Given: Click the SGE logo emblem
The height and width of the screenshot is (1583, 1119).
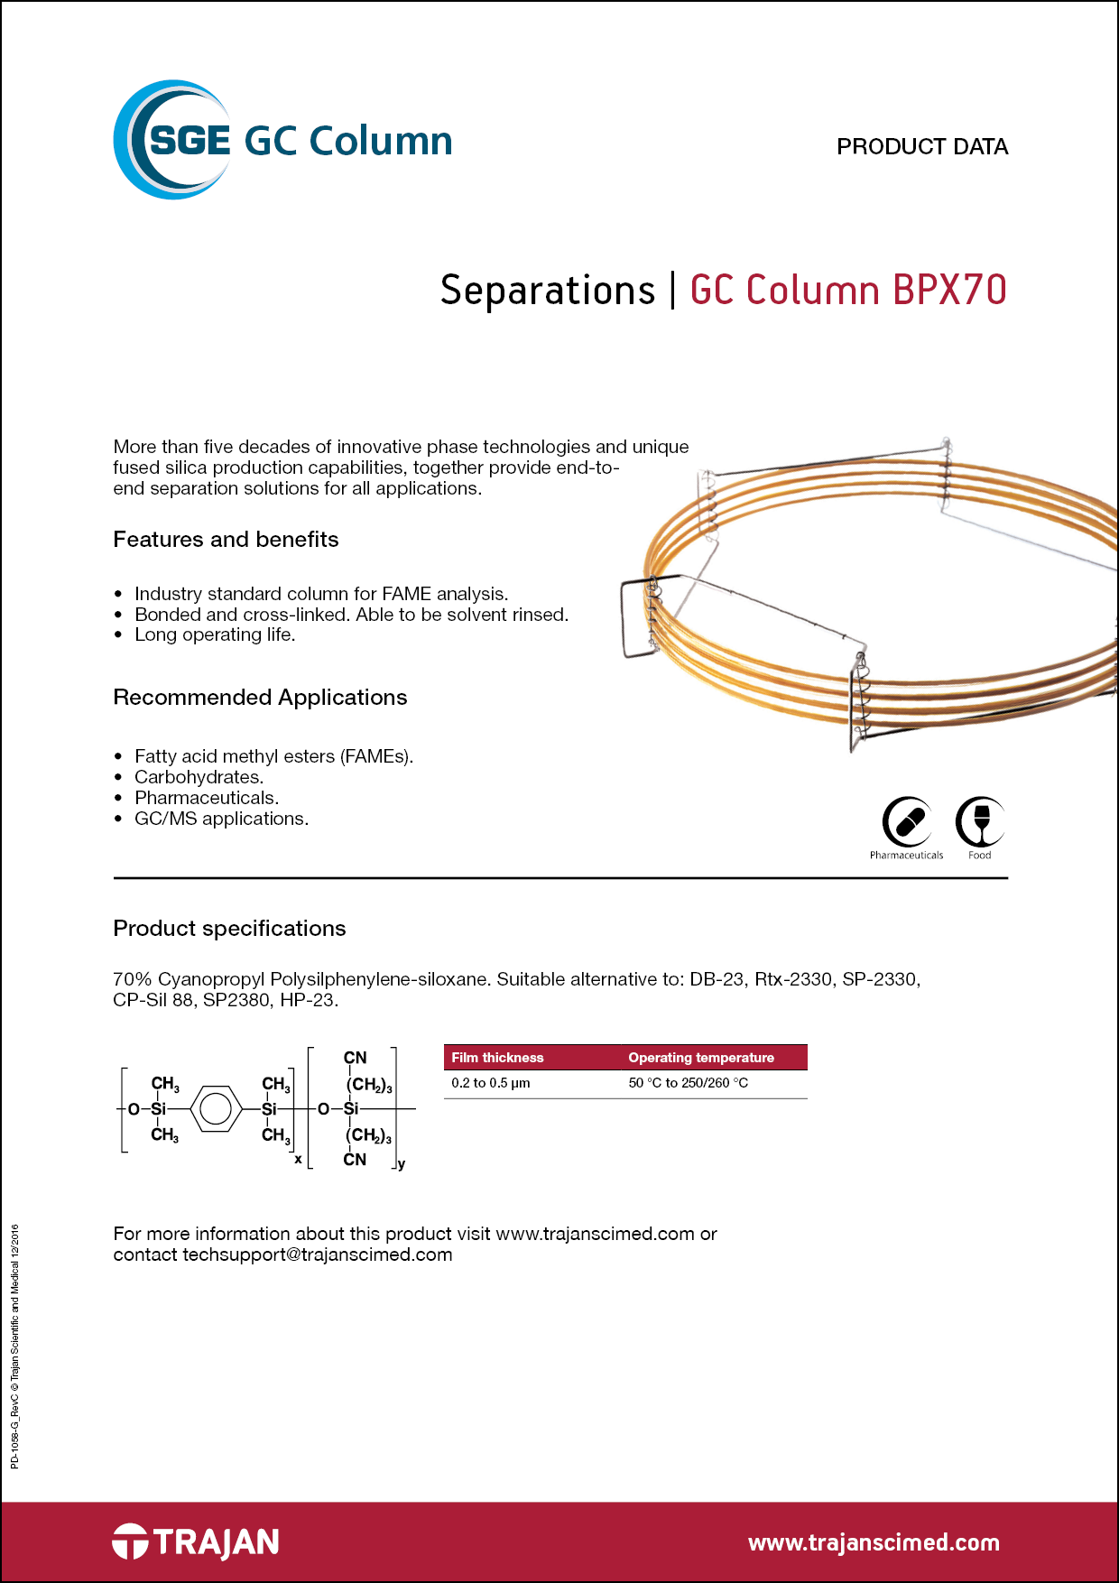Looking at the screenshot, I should point(171,140).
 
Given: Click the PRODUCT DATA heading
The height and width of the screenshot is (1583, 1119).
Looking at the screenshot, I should point(921,146).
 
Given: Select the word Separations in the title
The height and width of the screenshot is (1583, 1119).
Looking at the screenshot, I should point(547,291).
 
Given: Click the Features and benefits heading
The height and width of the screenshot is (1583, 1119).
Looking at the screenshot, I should point(226,540).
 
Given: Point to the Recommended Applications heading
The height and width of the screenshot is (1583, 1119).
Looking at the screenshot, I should point(260,698).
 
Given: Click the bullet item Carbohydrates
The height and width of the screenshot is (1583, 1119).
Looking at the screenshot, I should point(199,777).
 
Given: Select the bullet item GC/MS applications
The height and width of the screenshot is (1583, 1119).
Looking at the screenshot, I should point(221,819).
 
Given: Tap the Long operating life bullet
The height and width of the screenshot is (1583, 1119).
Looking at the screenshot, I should point(215,634).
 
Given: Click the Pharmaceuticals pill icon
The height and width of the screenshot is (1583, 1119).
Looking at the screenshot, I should point(906,822).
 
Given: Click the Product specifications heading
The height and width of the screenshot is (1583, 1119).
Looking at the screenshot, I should point(229,929).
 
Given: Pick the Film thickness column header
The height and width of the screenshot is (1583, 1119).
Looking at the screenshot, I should point(497,1058).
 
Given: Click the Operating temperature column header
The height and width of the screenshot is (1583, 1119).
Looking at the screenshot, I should point(701,1058).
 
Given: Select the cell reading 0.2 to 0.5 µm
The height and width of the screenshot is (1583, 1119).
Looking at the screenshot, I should point(490,1083).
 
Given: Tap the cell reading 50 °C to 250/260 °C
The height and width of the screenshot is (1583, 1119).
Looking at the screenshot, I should point(688,1083).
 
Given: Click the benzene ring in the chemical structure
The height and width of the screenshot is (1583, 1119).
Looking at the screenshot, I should point(215,1109).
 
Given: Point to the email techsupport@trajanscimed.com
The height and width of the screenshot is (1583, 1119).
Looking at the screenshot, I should point(317,1254).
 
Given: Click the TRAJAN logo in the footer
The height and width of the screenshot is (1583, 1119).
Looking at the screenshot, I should point(196,1541).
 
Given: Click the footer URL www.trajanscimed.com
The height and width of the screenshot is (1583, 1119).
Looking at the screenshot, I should point(874,1542).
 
